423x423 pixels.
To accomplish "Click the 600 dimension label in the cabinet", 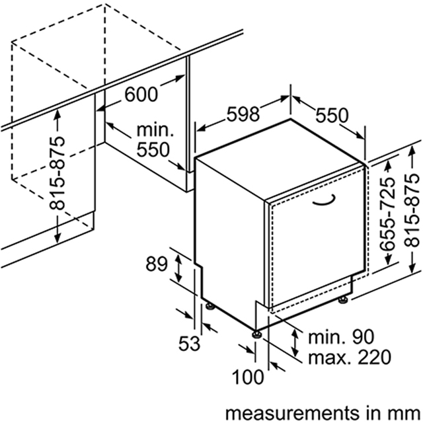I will click(141, 95).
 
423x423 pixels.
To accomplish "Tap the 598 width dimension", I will click(243, 114).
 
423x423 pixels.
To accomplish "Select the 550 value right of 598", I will click(331, 116).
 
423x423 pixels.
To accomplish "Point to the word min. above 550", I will click(155, 129).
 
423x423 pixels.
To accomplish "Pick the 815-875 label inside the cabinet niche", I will click(59, 174).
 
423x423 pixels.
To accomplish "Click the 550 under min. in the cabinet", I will click(153, 149).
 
